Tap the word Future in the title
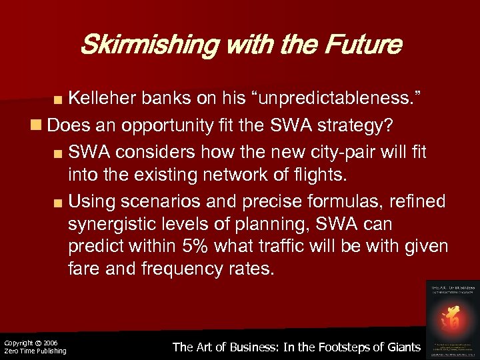[364, 45]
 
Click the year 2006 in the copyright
[51, 342]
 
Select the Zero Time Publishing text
[35, 351]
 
